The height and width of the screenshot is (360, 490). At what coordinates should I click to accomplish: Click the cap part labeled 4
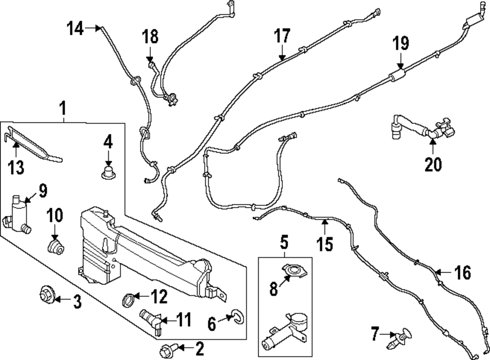[x=107, y=172]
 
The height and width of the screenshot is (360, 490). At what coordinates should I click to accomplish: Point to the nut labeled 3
[x=46, y=294]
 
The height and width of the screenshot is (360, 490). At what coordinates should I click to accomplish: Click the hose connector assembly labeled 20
[x=421, y=128]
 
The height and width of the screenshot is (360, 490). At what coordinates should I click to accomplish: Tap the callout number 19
[x=400, y=44]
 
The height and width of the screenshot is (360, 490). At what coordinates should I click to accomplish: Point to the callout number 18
[x=150, y=36]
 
